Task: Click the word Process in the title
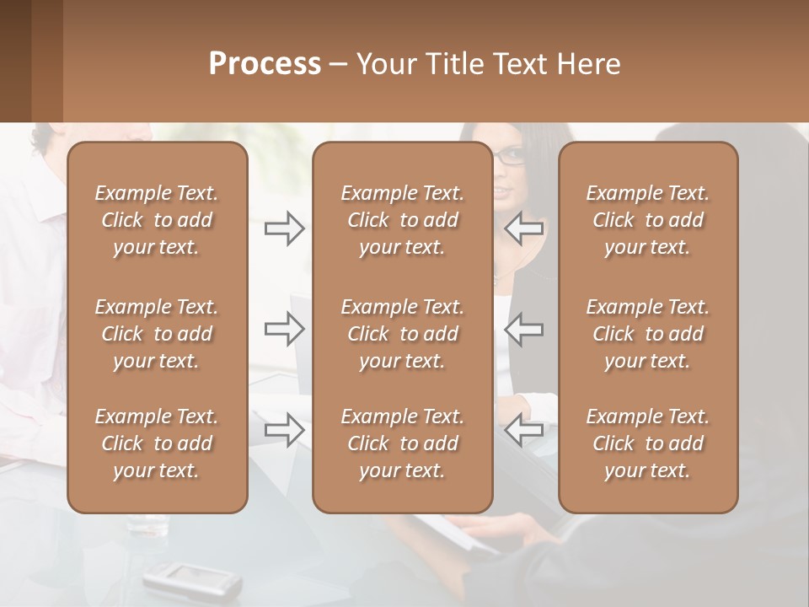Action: pos(265,64)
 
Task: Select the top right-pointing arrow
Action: pos(285,228)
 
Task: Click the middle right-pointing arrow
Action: pos(285,329)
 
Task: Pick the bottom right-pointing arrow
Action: pos(285,430)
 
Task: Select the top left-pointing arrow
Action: pos(524,228)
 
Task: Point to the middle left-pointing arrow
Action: pos(524,329)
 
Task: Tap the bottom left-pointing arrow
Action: pos(524,430)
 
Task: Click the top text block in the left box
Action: pos(157,220)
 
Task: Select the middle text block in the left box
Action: pos(157,334)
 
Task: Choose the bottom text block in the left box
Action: pos(157,443)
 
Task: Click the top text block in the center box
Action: pos(403,220)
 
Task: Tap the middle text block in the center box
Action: pos(403,334)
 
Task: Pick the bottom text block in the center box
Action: pos(403,443)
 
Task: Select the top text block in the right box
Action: pos(648,220)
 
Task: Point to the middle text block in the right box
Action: pos(648,334)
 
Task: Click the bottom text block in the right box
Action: pos(648,443)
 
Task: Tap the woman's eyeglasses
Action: pos(509,156)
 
